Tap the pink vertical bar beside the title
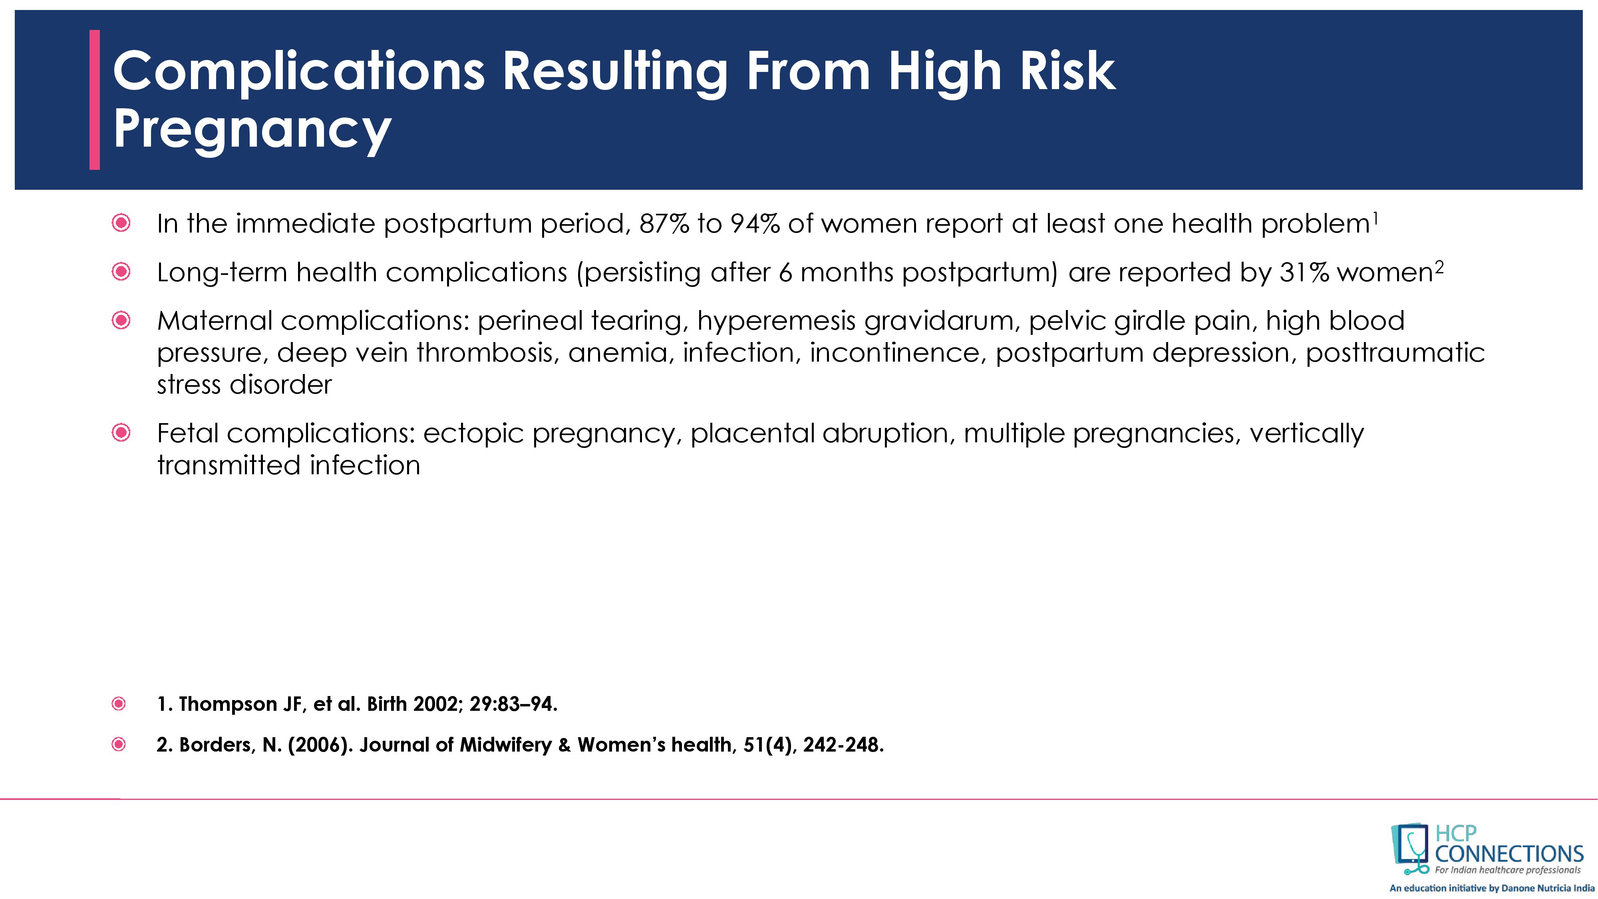94,99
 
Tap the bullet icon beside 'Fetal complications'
121,432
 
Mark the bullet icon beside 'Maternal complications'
121,320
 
